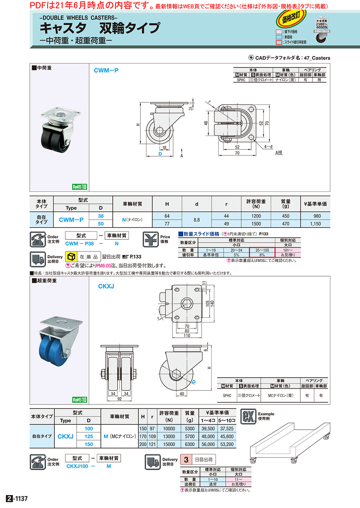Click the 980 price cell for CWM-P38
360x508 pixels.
click(x=316, y=216)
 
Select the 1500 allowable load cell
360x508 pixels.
click(x=256, y=223)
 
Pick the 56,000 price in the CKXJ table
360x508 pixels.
click(x=207, y=444)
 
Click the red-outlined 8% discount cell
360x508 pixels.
click(x=262, y=254)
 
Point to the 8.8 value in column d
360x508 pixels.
click(x=197, y=219)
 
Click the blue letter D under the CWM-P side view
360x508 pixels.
click(x=160, y=153)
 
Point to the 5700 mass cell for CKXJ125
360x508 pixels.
click(x=190, y=436)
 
